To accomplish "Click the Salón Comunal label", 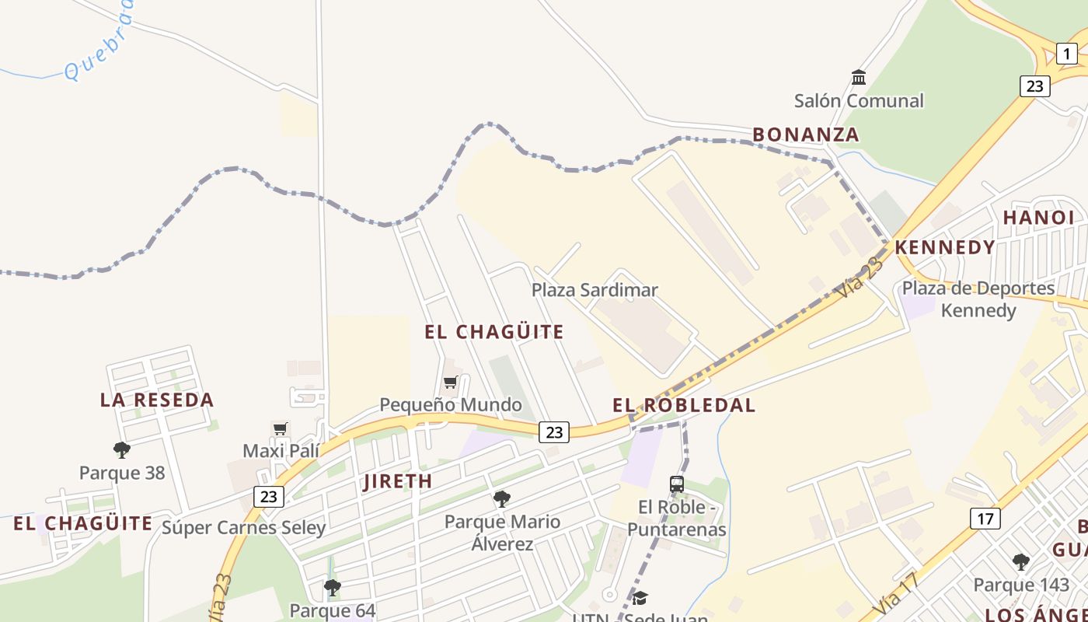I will coord(859,100).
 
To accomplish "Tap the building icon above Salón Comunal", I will coord(859,77).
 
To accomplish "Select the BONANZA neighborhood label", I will coord(806,135).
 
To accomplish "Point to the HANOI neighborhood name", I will coord(1038,218).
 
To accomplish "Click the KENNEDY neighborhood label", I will coord(945,247).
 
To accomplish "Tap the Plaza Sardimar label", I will coord(595,290).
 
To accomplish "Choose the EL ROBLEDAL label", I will coord(684,405).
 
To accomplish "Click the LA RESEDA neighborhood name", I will coord(157,400).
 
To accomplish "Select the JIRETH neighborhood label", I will coord(398,481).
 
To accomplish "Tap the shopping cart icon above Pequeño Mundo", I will coord(450,382).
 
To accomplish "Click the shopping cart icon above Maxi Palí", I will coord(281,428).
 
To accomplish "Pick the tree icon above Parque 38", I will coord(121,449).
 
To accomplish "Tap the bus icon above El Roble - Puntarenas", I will coord(677,484).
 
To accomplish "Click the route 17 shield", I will coord(985,518).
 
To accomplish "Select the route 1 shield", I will coord(1066,54).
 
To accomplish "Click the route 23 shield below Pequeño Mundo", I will coord(553,432).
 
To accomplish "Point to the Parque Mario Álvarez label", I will coord(502,532).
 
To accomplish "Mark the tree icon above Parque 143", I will coord(1020,561).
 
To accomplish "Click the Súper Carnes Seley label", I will coord(243,528).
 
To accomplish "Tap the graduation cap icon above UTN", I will coord(640,597).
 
